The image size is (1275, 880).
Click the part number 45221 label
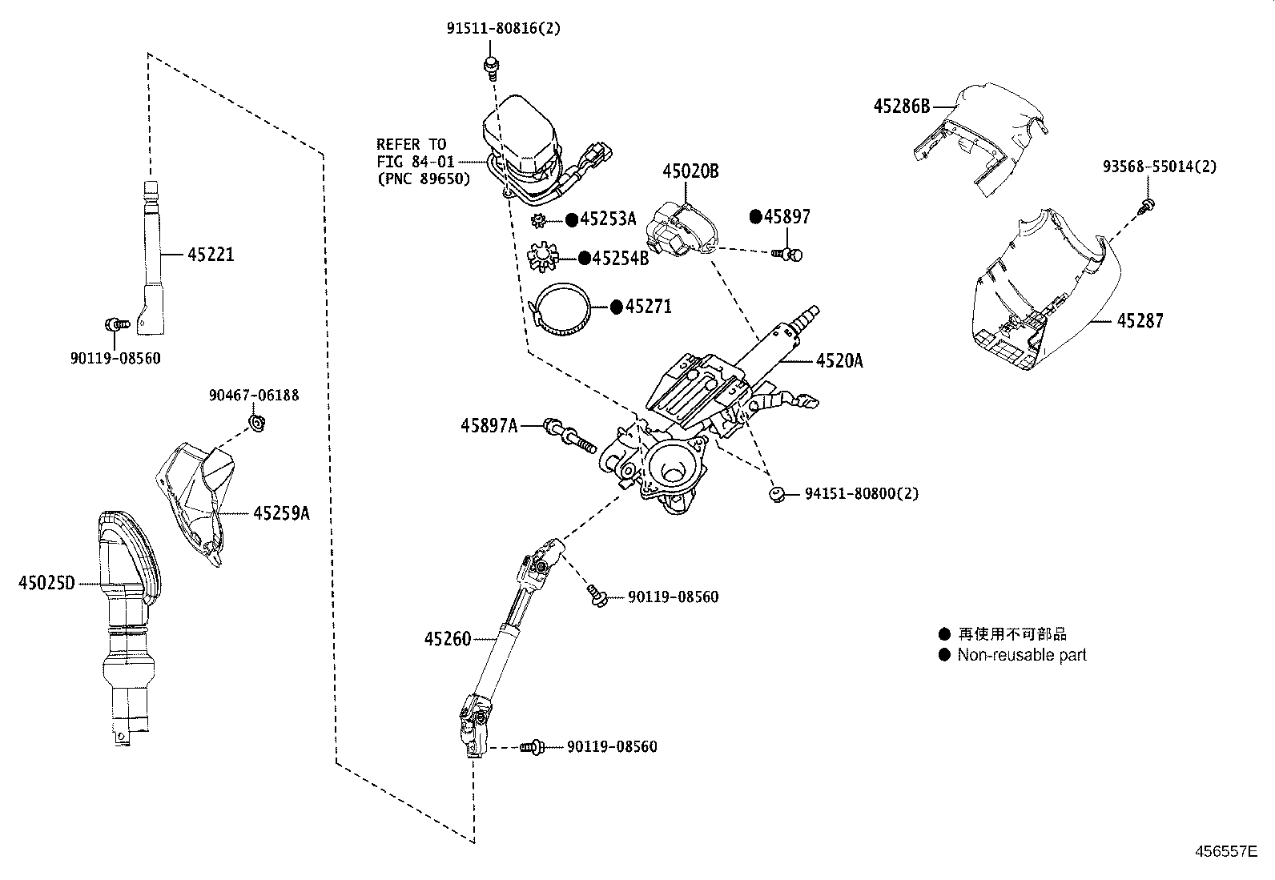(x=211, y=255)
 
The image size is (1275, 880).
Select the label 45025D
(x=46, y=583)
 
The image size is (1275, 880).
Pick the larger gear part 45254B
(x=544, y=257)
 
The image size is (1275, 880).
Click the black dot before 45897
(x=755, y=216)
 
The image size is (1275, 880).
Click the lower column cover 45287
(x=1041, y=296)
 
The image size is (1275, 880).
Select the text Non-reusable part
(x=1022, y=655)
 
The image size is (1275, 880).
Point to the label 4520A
(x=839, y=361)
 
